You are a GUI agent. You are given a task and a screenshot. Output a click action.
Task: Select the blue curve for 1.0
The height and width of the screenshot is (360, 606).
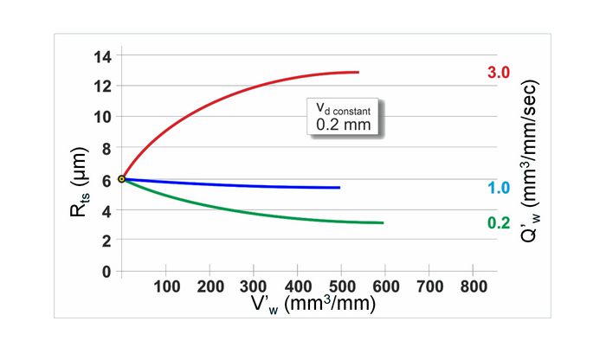(x=260, y=185)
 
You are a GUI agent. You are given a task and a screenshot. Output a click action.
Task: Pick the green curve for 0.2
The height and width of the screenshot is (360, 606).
(x=260, y=210)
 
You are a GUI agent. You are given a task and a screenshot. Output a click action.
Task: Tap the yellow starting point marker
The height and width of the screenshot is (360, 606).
(x=122, y=179)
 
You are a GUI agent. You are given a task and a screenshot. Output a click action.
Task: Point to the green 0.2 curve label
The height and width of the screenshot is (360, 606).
(x=499, y=222)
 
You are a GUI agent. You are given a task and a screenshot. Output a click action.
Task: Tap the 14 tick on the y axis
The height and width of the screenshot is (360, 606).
(x=103, y=56)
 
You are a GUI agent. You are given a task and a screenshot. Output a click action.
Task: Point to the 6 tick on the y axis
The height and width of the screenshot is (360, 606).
(x=106, y=179)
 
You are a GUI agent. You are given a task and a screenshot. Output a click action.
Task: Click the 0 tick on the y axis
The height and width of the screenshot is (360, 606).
(x=106, y=271)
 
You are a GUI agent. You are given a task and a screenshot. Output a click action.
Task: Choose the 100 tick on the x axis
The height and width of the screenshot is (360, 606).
(x=166, y=286)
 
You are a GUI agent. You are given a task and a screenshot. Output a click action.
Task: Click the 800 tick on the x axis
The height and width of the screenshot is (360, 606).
(x=472, y=286)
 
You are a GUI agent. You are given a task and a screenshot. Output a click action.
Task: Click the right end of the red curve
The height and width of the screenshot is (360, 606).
(x=358, y=72)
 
